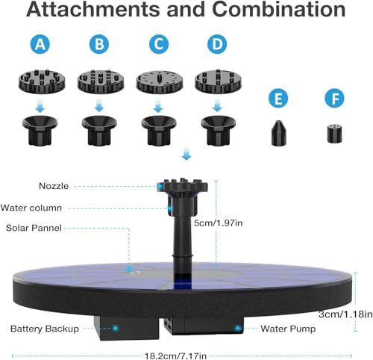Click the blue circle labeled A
pos(40,44)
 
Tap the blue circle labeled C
pos(159,44)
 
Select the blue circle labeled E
pos(278,99)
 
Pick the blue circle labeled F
pos(335,99)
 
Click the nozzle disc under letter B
pos(101,81)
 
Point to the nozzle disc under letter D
pos(218,81)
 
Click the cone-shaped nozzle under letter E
pos(278,133)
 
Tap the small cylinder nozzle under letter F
pos(334,134)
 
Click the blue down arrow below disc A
pos(40,105)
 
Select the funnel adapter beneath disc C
pos(159,130)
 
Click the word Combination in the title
pos(279,10)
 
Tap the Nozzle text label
pos(54,186)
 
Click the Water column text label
pos(31,208)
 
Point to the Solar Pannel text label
pos(34,228)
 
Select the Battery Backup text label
pos(45,329)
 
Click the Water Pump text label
pos(288,329)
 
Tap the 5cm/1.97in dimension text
pos(218,223)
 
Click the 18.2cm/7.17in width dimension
pos(175,356)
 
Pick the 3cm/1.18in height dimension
pos(345,314)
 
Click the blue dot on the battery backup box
pos(116,328)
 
